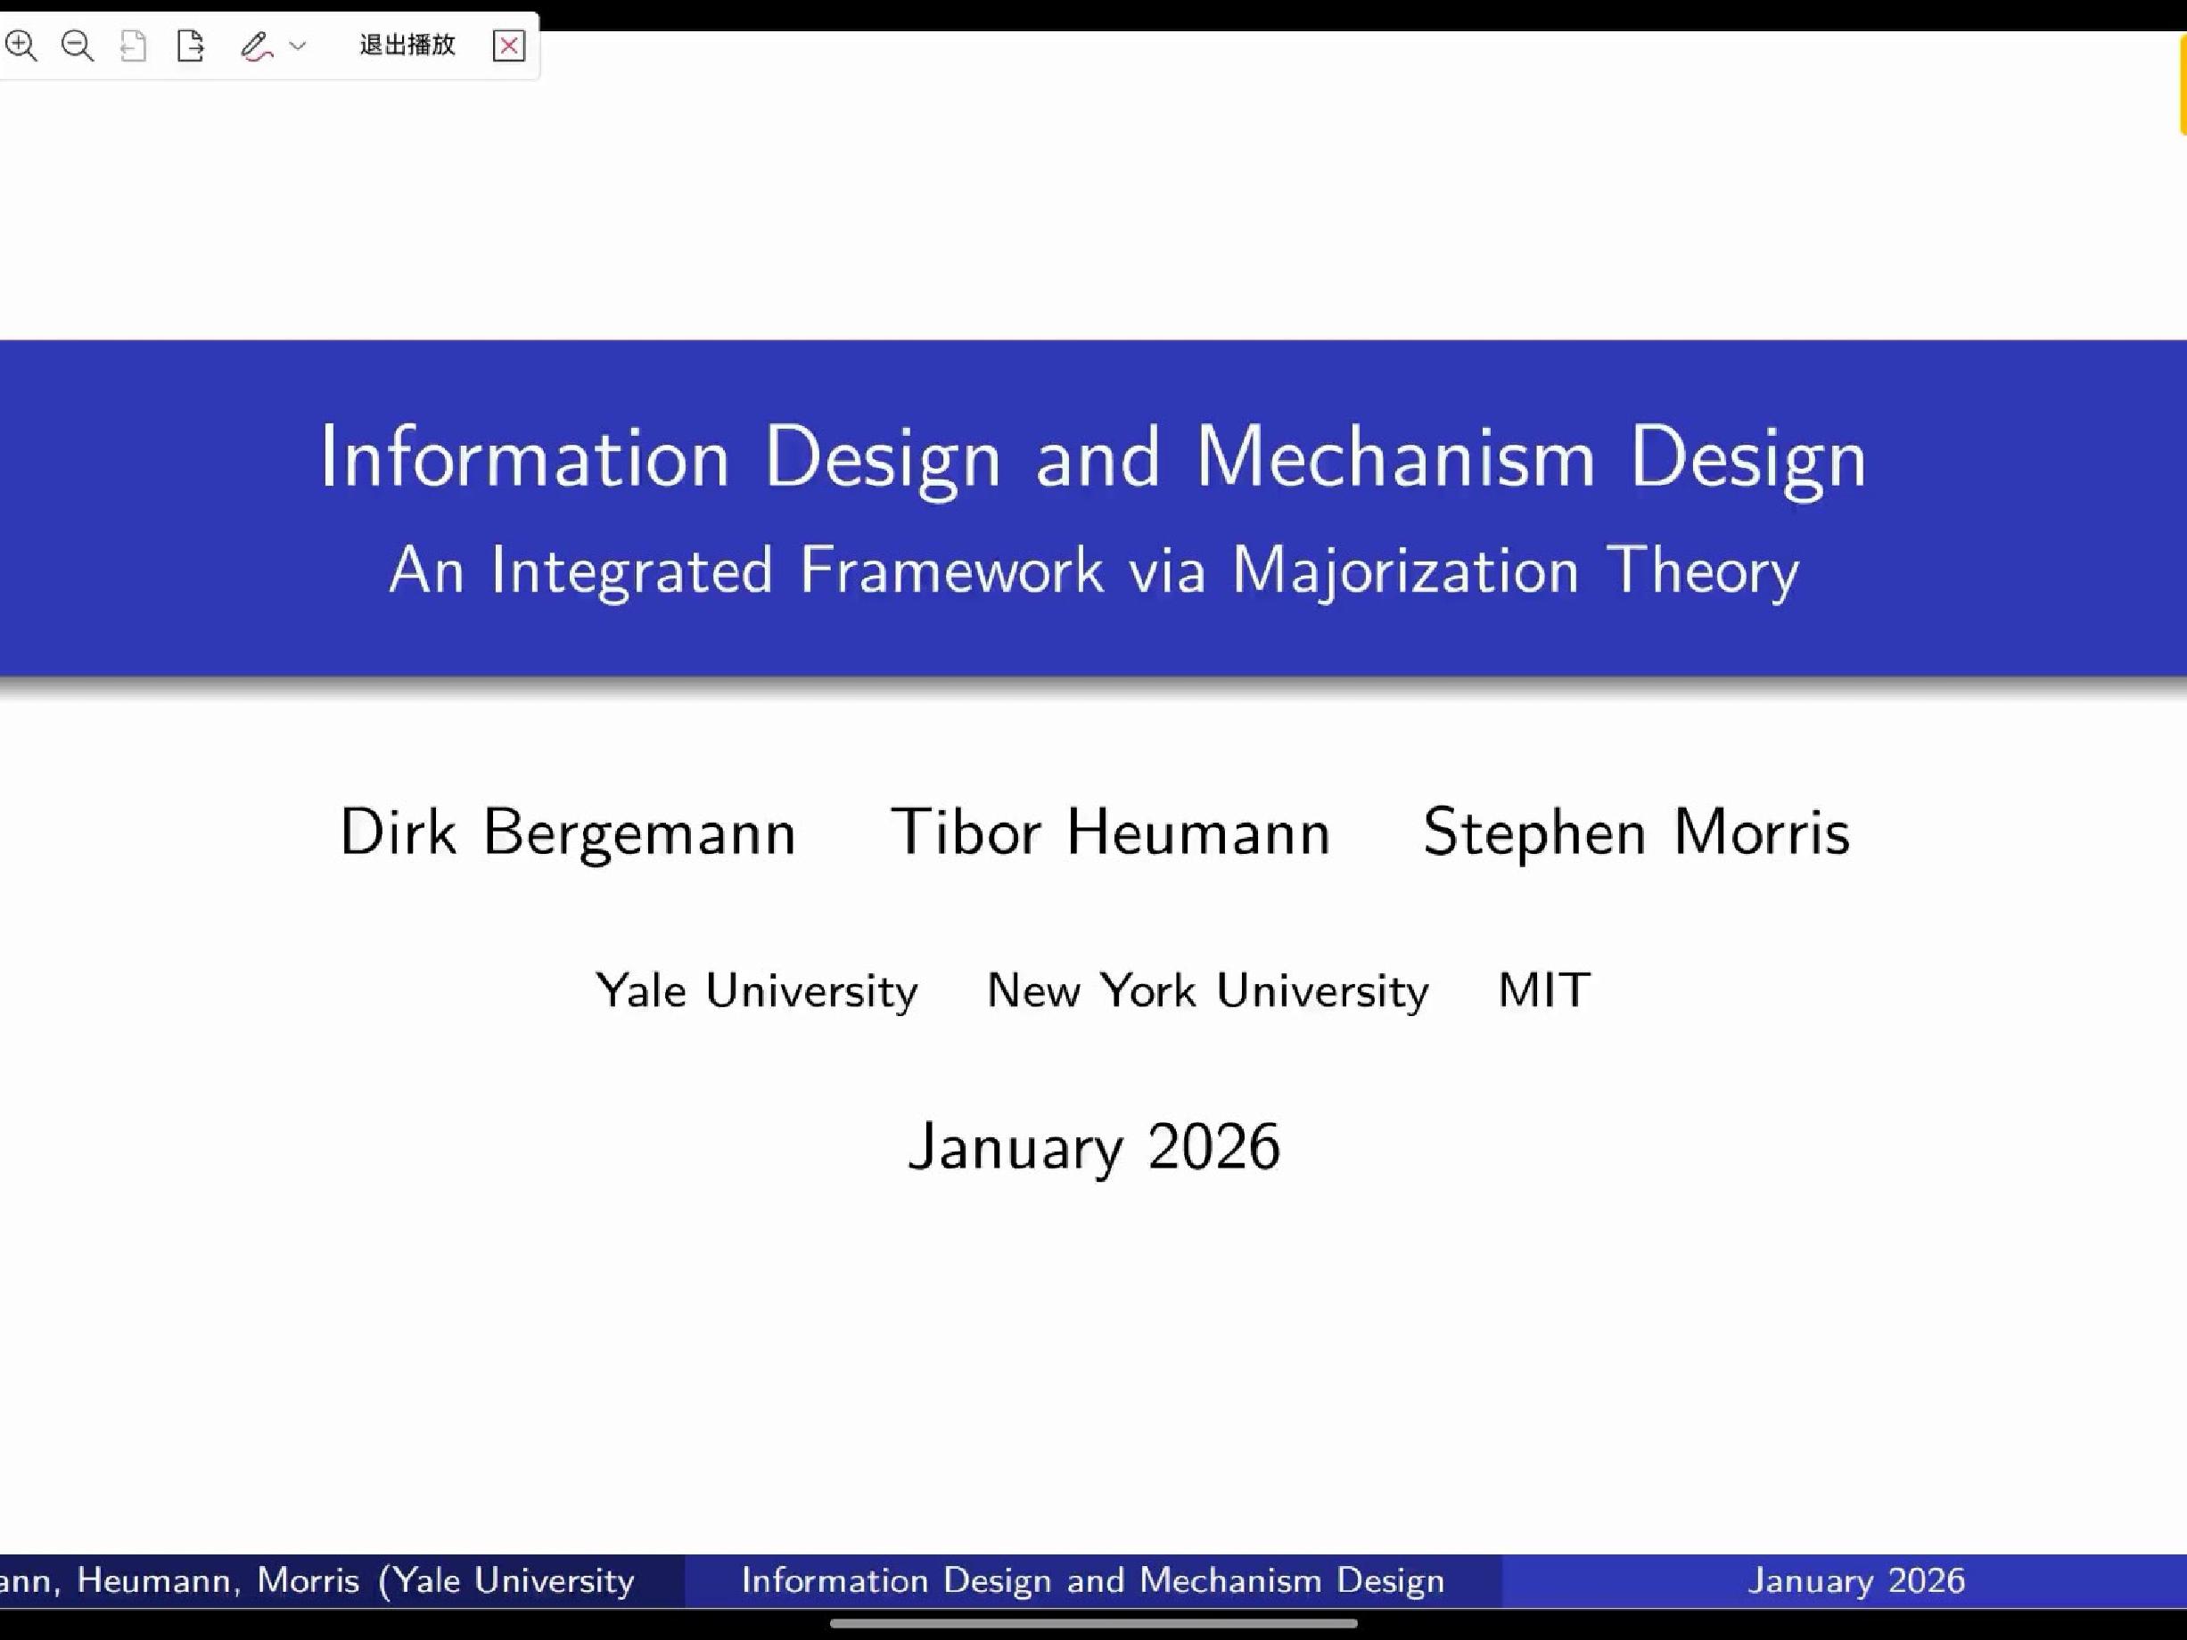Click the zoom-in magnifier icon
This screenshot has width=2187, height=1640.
[21, 45]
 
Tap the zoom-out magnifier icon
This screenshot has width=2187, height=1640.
[77, 45]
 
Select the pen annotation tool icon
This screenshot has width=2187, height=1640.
[256, 46]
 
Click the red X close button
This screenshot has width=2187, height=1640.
[508, 45]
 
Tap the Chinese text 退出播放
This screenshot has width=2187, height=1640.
[407, 45]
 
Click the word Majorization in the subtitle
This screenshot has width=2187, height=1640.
[1405, 572]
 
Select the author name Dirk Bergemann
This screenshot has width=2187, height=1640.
[568, 832]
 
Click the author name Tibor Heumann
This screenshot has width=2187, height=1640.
[1110, 832]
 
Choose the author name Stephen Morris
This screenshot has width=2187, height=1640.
[1636, 832]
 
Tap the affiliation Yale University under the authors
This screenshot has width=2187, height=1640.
[756, 990]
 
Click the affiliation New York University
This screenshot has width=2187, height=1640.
[1207, 990]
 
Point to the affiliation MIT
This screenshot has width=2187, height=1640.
[1544, 989]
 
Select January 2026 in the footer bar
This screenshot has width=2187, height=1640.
[1856, 1579]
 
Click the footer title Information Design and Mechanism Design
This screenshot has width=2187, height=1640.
[1092, 1579]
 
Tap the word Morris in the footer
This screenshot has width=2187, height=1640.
[308, 1579]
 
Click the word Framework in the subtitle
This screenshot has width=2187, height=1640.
[951, 570]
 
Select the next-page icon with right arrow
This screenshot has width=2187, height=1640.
[190, 45]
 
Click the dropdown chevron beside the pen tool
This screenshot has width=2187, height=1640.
[298, 45]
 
